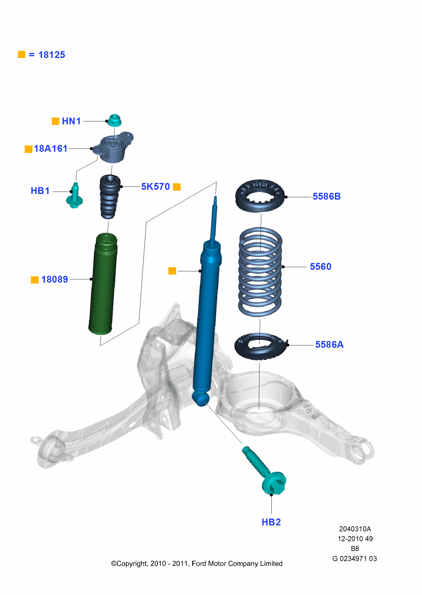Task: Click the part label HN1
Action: (71, 121)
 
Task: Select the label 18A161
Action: (51, 148)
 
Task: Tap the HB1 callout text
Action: (40, 191)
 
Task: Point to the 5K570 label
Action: (155, 187)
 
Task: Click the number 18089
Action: (55, 279)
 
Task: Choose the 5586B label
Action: (326, 196)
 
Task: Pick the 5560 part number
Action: (321, 267)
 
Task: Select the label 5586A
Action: (329, 345)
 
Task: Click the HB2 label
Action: (271, 522)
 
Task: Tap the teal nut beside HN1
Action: (114, 120)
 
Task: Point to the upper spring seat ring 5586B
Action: (260, 196)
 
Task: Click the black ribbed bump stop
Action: (110, 196)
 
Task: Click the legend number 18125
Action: (51, 55)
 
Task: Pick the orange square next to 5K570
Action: (177, 187)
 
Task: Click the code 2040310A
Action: (355, 529)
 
